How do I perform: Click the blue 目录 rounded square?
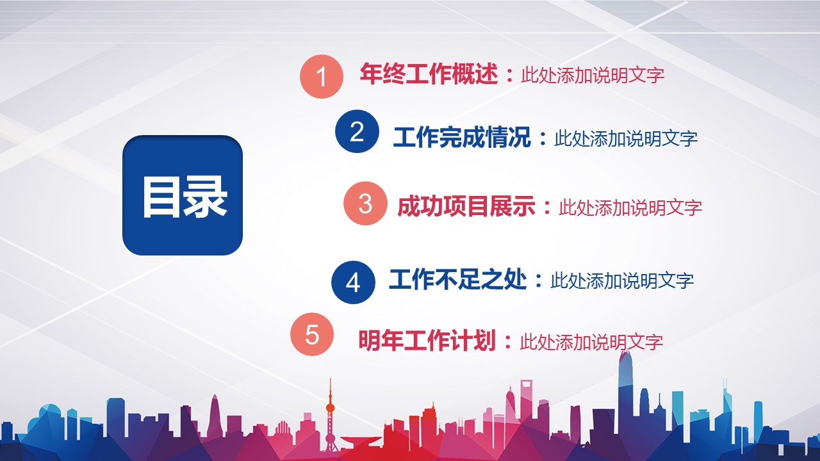[x=183, y=195]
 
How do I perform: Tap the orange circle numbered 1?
[x=322, y=76]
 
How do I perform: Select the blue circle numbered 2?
[x=357, y=131]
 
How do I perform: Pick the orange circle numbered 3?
[x=365, y=203]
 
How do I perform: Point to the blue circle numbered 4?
[x=353, y=282]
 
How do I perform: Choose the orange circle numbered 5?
[x=312, y=334]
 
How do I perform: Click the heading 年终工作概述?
[x=429, y=74]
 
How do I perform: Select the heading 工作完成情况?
[x=462, y=137]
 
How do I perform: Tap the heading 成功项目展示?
[x=466, y=206]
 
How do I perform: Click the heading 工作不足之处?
[x=457, y=279]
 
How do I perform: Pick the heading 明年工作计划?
[x=427, y=340]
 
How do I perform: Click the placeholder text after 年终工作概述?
[x=593, y=75]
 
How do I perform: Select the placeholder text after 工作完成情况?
[x=626, y=139]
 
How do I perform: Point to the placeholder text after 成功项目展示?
[x=630, y=207]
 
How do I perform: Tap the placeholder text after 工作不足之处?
[x=622, y=280]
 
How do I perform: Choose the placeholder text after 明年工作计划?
[x=591, y=342]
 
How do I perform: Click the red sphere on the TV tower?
[x=330, y=408]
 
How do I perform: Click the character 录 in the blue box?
[x=206, y=197]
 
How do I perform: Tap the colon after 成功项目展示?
[x=547, y=207]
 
